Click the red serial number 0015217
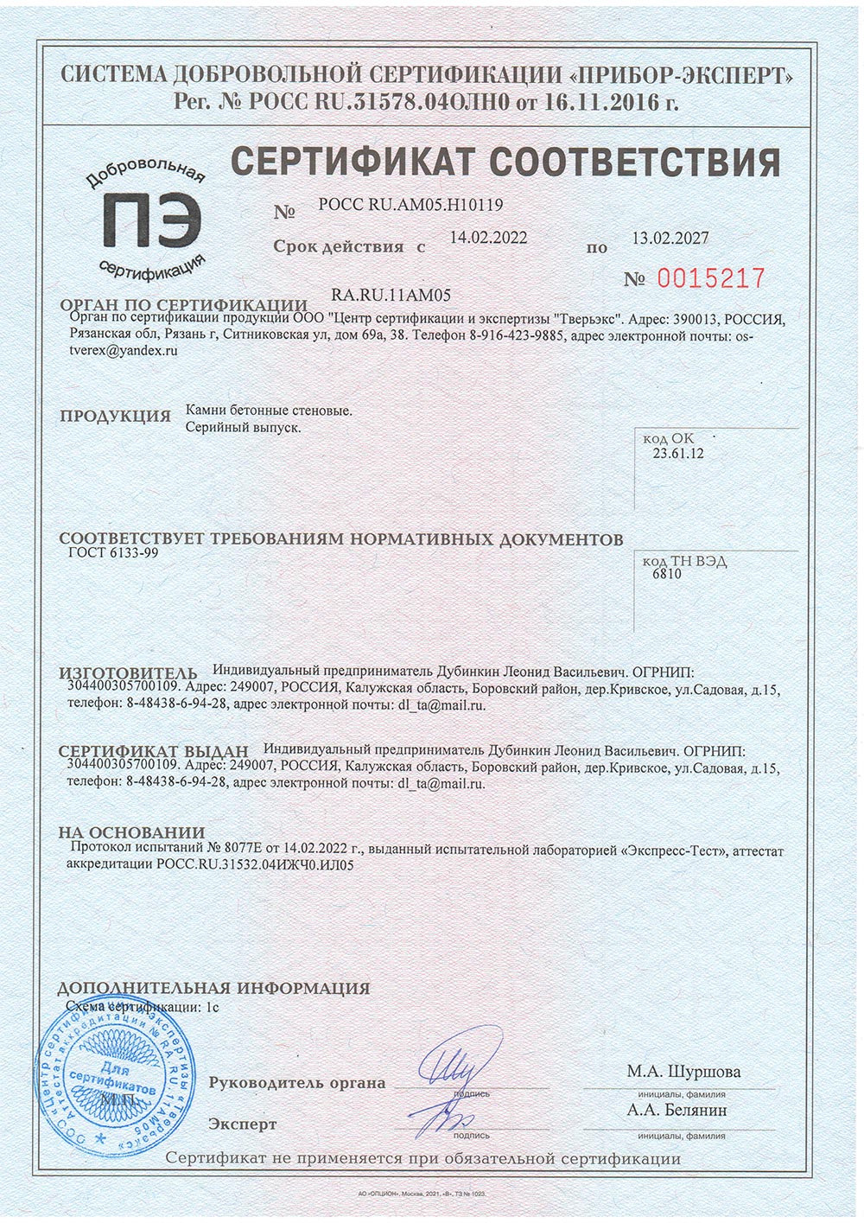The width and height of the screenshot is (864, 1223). click(x=711, y=278)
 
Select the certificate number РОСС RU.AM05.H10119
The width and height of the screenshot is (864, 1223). click(x=410, y=205)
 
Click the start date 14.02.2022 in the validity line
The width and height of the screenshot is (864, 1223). click(x=489, y=237)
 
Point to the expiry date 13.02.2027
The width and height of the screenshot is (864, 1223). click(x=670, y=239)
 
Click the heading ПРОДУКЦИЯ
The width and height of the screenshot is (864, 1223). click(x=115, y=416)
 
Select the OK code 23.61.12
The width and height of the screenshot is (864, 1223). click(x=678, y=453)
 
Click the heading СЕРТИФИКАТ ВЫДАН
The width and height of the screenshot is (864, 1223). click(x=153, y=751)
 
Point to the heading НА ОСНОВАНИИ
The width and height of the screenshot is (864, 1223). click(x=131, y=833)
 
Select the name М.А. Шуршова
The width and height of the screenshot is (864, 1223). click(x=683, y=1072)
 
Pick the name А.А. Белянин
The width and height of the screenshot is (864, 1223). click(x=677, y=1110)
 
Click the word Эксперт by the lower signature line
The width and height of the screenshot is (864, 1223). click(x=243, y=1124)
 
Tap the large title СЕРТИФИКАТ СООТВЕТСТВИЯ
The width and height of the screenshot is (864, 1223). click(x=506, y=162)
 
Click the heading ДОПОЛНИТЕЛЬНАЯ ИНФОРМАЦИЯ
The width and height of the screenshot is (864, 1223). click(x=213, y=988)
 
